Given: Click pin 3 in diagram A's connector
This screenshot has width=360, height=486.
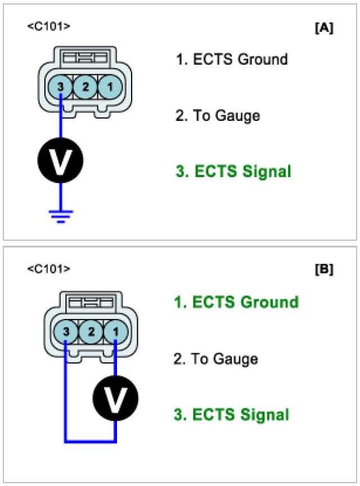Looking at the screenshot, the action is (x=61, y=87).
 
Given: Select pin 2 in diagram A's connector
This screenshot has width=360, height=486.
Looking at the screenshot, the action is (x=85, y=87).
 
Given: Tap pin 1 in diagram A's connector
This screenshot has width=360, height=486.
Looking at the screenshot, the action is (x=109, y=87).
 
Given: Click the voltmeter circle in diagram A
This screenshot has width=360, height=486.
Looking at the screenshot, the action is (x=61, y=160).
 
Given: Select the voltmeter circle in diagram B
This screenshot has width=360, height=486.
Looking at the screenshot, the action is (x=115, y=400).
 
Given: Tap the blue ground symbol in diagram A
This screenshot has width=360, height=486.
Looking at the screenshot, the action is (x=61, y=215).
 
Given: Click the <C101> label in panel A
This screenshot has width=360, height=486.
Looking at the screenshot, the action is (x=49, y=26).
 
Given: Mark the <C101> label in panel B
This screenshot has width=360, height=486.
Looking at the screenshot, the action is (x=49, y=269).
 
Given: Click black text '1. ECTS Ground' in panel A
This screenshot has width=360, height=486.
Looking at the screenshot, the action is (x=232, y=60).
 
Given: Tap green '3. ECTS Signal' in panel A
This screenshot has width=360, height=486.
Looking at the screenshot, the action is (x=233, y=172).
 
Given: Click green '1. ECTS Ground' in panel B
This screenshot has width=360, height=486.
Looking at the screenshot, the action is (x=236, y=302).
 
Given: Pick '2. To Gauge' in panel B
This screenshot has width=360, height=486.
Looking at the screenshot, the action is (x=215, y=359).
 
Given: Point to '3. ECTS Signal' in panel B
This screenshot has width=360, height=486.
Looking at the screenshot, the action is (x=231, y=415).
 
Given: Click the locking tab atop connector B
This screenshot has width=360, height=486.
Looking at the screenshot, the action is (x=91, y=304).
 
